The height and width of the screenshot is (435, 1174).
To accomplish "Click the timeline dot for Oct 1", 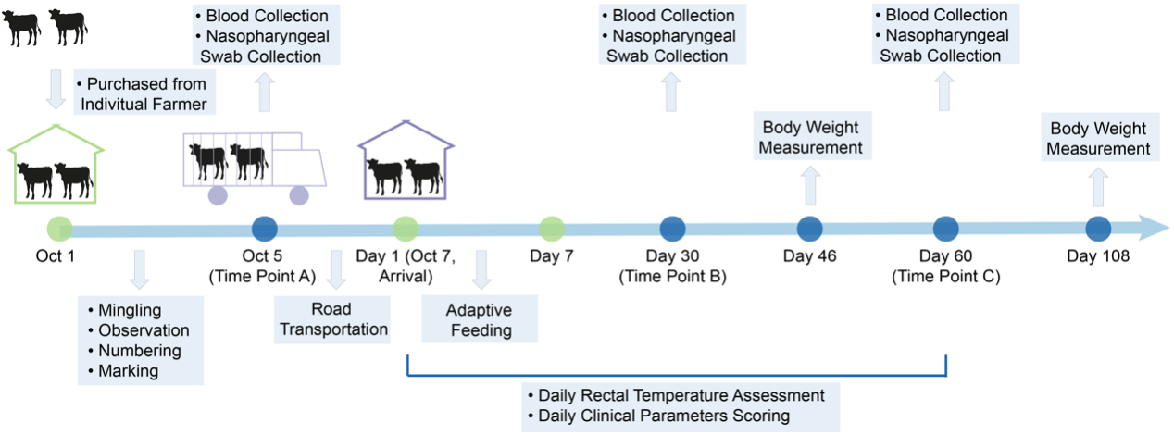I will click(x=59, y=228).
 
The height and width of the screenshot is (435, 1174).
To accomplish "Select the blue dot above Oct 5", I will click(x=265, y=228).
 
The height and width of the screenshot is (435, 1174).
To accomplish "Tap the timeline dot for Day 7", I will click(x=552, y=228).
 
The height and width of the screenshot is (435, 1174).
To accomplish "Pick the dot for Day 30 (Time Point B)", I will click(x=673, y=228).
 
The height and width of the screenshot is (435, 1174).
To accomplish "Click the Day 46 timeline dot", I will click(x=809, y=228).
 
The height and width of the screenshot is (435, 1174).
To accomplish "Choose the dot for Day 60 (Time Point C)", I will click(x=945, y=228).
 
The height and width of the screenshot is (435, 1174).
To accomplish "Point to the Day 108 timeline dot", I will click(x=1098, y=228).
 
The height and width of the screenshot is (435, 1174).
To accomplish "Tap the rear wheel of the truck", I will click(x=219, y=195).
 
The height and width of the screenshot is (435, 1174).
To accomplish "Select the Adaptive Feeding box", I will click(x=479, y=319).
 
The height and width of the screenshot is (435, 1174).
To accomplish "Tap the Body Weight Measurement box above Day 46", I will click(x=812, y=137).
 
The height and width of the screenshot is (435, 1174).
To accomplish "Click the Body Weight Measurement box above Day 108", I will click(x=1098, y=138).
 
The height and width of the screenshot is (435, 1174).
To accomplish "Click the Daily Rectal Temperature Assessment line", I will click(x=680, y=395).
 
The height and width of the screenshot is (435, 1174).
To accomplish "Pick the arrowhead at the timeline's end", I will click(x=1153, y=228).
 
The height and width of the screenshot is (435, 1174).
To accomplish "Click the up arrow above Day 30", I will click(x=671, y=93).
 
